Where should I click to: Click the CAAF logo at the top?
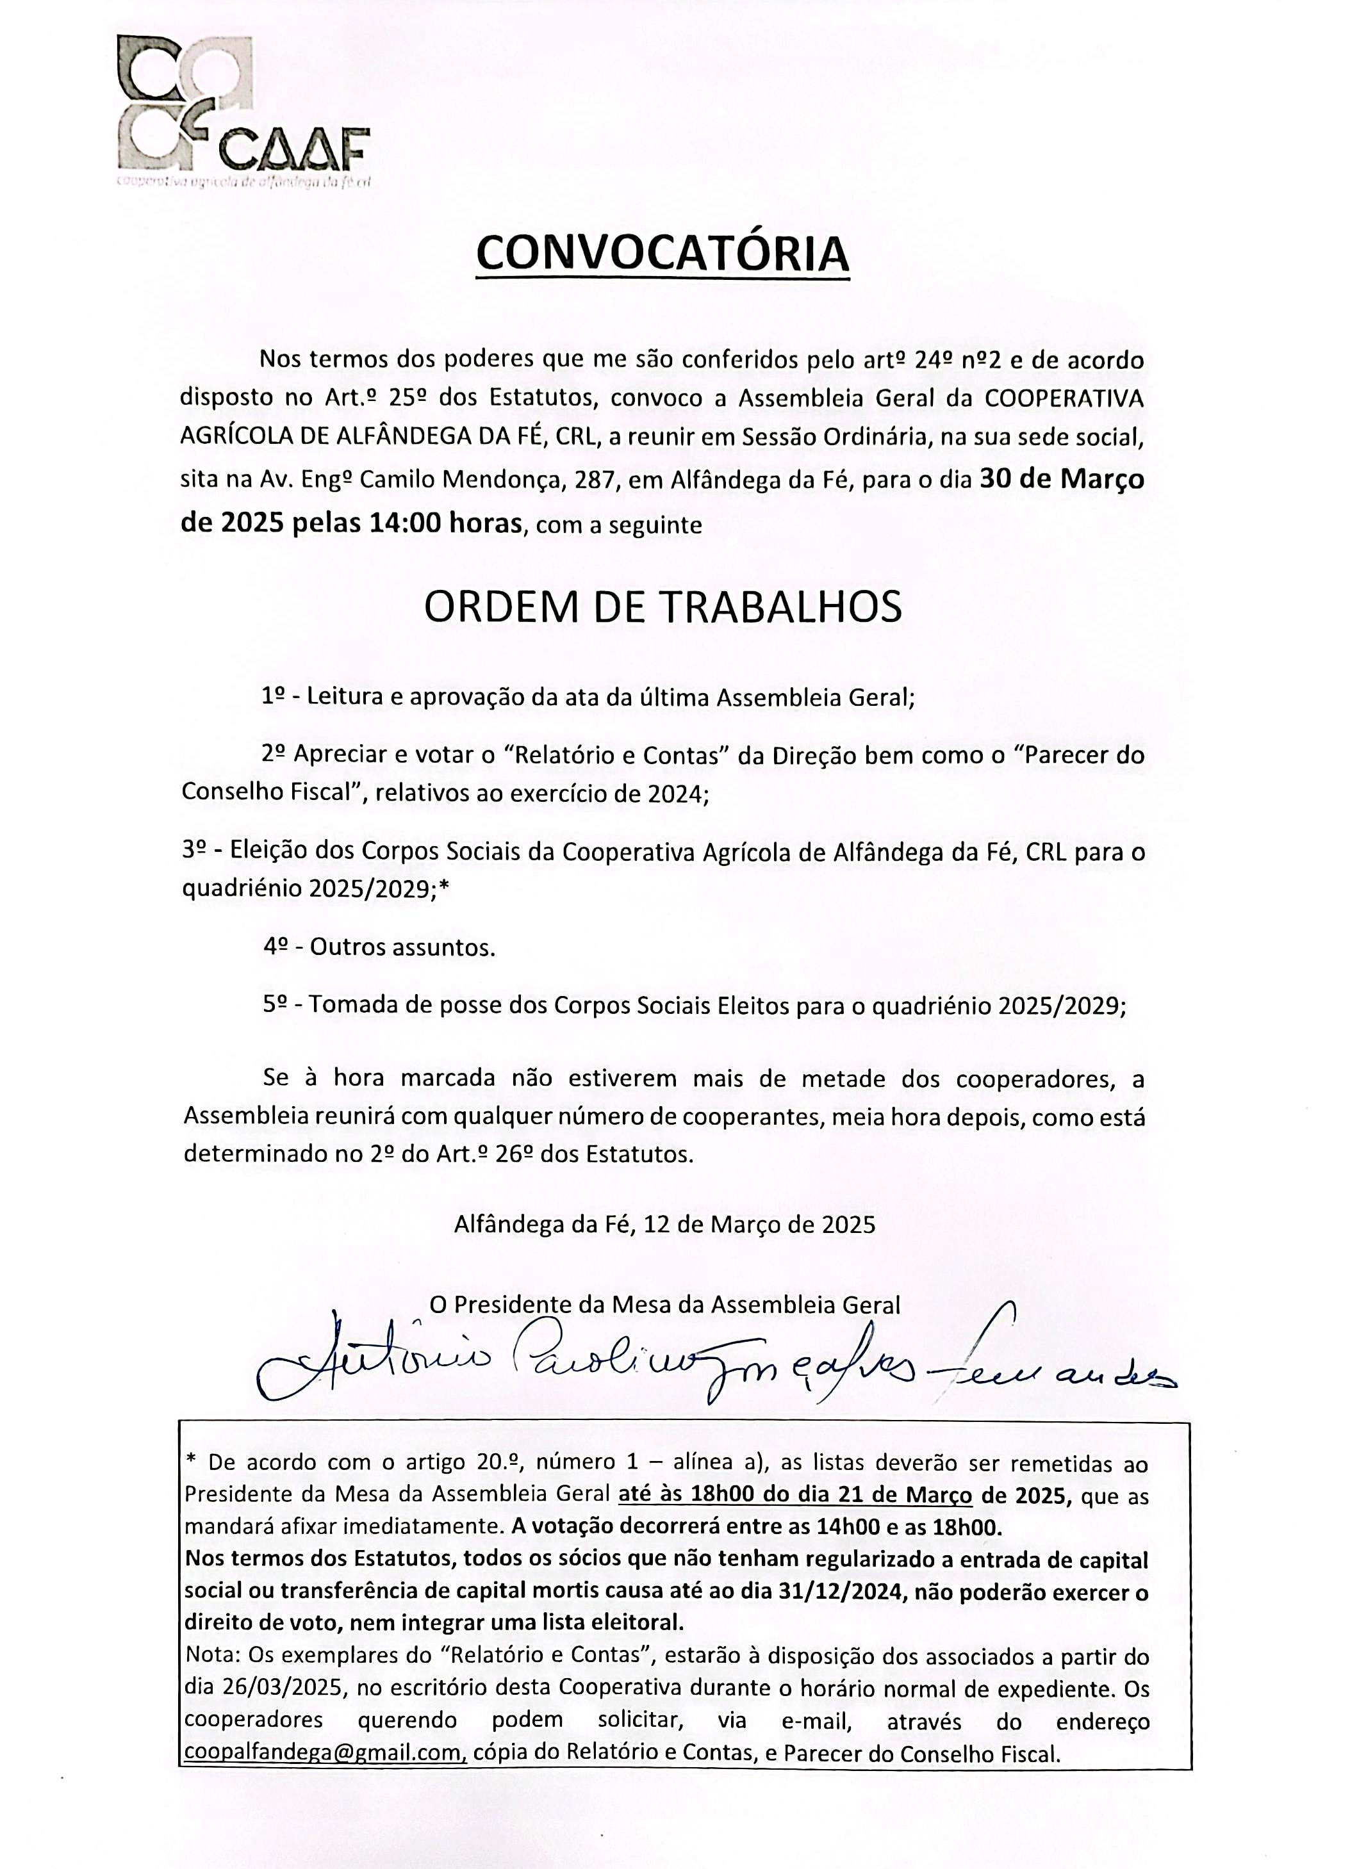pos(243,111)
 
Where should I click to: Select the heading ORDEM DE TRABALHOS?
pos(663,607)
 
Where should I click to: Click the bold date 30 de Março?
pos(1062,479)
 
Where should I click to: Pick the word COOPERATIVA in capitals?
pos(1064,398)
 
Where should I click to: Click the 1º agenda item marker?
pos(274,696)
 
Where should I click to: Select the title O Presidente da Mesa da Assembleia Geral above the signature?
pos(664,1305)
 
